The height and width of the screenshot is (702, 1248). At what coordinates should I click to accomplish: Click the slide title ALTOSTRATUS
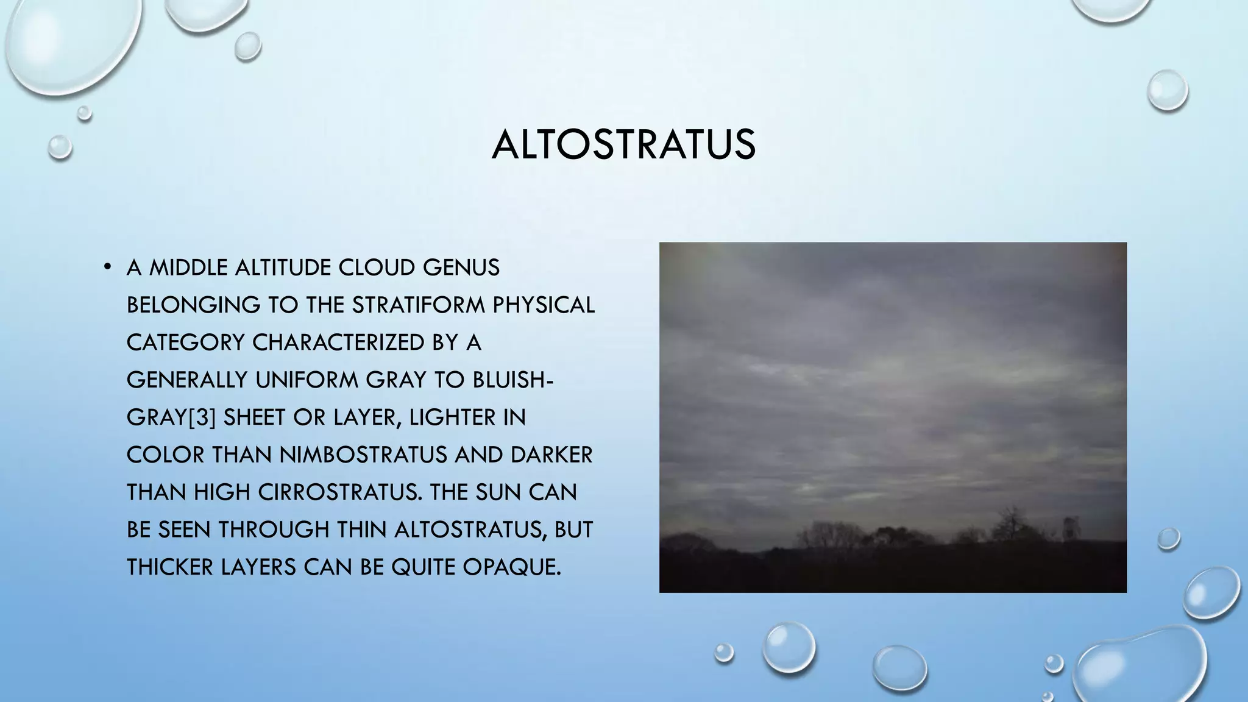(623, 145)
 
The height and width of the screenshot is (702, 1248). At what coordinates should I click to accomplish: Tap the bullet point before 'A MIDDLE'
(108, 266)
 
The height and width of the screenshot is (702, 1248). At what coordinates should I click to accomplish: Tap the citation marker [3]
(202, 417)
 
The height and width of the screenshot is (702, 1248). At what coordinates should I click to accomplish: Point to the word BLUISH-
(512, 380)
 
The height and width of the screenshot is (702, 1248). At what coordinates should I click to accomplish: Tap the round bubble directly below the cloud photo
(789, 647)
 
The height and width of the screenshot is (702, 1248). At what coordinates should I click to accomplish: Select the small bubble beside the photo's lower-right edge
(1168, 538)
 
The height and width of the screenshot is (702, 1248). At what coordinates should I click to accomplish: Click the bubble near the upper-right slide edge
(1167, 90)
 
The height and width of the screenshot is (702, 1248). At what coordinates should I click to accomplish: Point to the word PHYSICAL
(543, 305)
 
